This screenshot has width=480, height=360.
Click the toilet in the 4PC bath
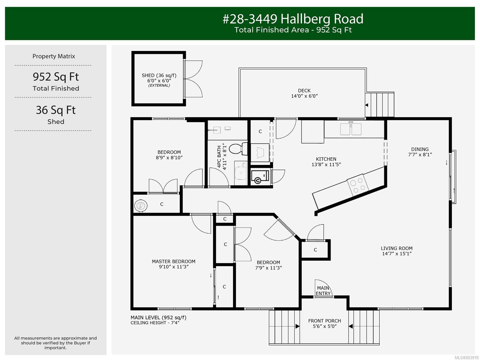pos(238,149)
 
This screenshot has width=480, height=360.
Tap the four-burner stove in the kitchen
pos(358,185)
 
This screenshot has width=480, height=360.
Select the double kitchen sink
pos(350,129)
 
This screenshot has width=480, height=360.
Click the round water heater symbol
pos(141,205)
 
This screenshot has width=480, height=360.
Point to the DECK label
pos(304,91)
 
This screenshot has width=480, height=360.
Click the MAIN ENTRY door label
pos(323,291)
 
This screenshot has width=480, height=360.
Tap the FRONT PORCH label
pos(325,321)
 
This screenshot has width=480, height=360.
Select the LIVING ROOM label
pos(397,248)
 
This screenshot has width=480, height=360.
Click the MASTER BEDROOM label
pos(174,261)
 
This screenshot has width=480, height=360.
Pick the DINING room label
pos(420,149)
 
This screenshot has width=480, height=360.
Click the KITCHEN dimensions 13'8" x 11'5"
pos(326,165)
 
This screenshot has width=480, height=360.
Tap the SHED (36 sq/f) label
pos(159,75)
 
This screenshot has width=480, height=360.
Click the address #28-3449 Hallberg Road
pos(293,19)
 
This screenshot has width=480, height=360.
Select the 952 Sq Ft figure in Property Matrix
pos(56,77)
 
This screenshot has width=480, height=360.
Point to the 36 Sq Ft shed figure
pos(56,110)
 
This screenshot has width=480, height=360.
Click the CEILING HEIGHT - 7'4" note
pos(155,323)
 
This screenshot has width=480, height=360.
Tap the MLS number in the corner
pos(467,358)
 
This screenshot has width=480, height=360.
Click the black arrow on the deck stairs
pos(367,105)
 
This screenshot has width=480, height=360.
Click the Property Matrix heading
pos(54,56)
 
